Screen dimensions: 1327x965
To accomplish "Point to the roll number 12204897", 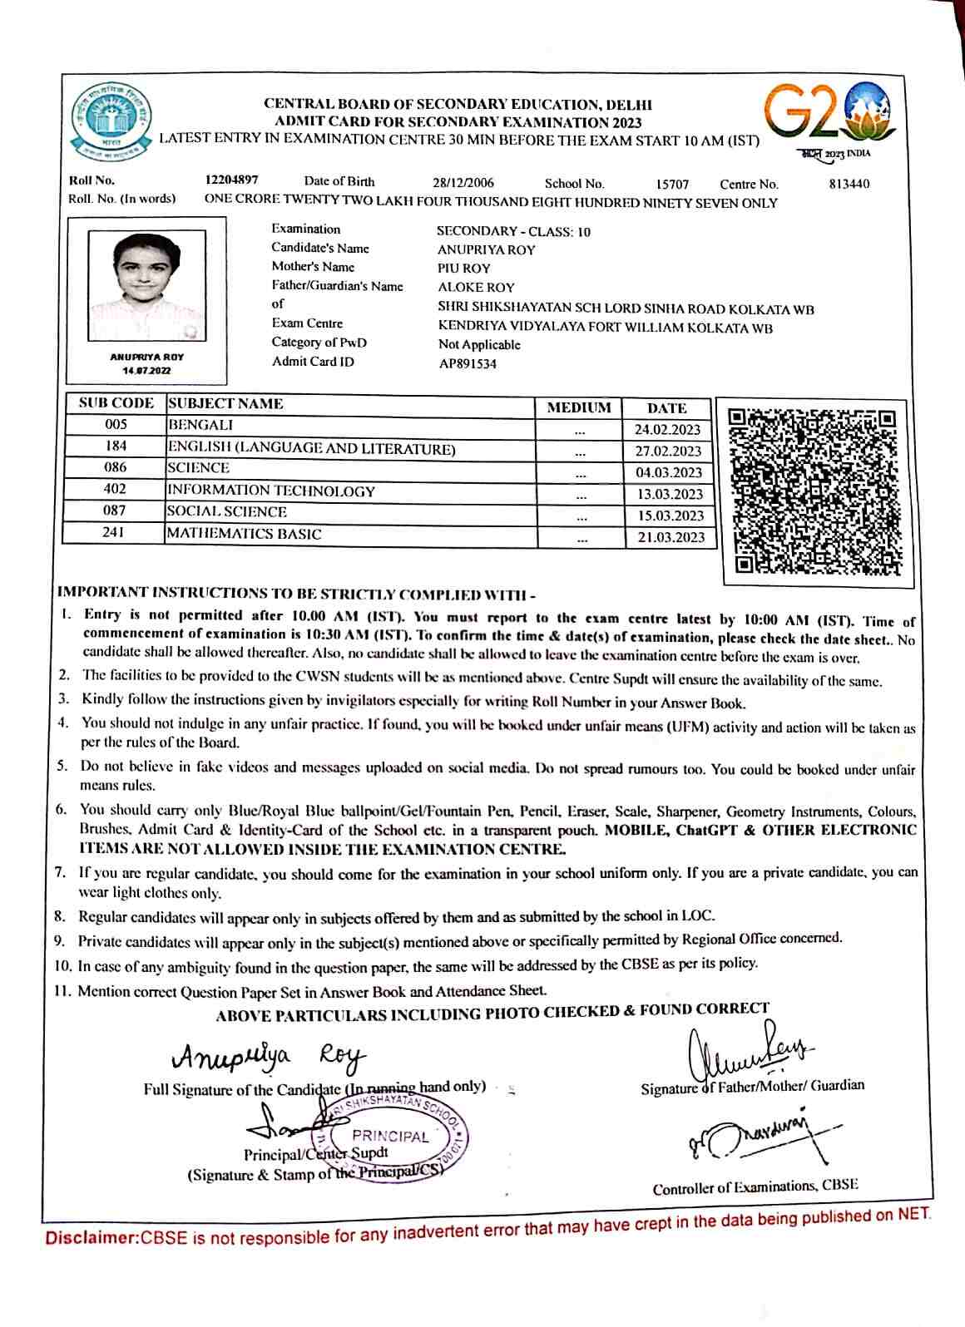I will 231,180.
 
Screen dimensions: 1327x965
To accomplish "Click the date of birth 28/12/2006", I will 463,183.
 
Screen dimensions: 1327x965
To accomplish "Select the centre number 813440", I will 849,184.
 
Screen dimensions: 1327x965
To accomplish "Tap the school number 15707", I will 672,184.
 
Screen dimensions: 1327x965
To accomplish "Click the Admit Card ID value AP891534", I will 468,363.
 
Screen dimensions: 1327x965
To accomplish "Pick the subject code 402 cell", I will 115,490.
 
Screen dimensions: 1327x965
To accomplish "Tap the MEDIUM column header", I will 579,407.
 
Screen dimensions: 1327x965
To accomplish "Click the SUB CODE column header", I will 116,403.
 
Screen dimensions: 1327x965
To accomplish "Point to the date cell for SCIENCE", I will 669,472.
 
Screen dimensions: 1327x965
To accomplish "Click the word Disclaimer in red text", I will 92,1238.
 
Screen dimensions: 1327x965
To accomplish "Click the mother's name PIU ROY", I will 464,269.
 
